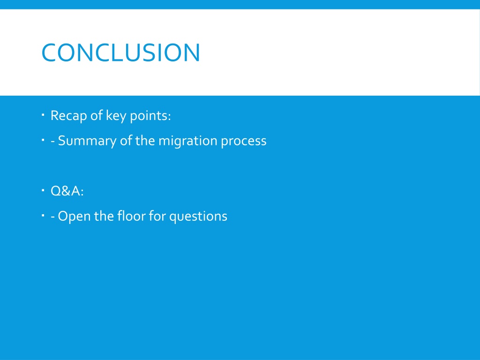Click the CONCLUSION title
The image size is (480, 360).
pyautogui.click(x=120, y=52)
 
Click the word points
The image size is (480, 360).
pyautogui.click(x=149, y=116)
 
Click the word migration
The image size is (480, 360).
pyautogui.click(x=187, y=141)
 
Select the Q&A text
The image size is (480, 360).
pyautogui.click(x=67, y=191)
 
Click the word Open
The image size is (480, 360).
pyautogui.click(x=74, y=217)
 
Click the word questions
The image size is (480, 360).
pyautogui.click(x=198, y=217)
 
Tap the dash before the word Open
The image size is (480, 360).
pyautogui.click(x=52, y=217)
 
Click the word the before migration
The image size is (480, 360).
pyautogui.click(x=145, y=141)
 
